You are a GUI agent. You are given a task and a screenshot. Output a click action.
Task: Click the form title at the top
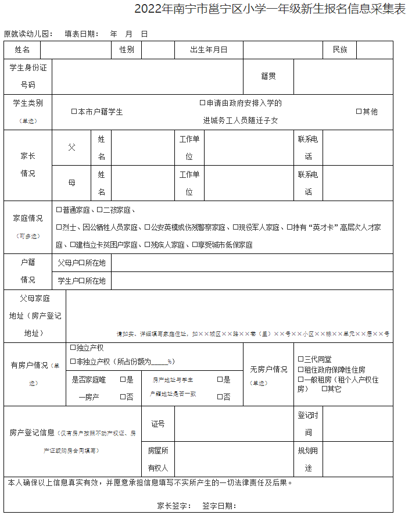pos(270,10)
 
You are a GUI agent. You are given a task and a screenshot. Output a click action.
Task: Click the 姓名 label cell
pos(23,50)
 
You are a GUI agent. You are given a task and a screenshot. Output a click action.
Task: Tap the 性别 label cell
pos(127,50)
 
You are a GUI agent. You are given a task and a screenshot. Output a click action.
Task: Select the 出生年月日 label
pos(209,50)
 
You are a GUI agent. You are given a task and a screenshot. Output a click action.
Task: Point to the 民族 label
pos(339,50)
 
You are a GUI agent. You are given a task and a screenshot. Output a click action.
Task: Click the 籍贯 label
pos(268,76)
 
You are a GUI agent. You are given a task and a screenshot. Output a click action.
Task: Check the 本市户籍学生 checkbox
pos(74,112)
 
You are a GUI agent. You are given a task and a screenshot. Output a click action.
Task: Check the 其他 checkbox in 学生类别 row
pos(359,112)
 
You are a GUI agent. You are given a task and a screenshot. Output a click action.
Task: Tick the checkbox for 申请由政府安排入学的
pos(203,103)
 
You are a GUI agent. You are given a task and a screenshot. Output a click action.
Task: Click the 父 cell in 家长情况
pos(71,148)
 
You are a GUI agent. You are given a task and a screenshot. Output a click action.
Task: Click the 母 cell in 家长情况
pos(71,183)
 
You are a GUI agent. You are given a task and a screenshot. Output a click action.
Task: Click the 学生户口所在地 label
pos(81,281)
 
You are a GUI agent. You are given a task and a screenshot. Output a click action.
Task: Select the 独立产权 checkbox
pos(73,348)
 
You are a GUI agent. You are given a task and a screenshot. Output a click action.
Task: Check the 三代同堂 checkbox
pos(301,359)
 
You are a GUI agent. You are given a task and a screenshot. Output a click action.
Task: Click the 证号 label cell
pos(157,424)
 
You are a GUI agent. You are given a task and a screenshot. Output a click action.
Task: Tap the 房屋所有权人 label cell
pos(157,459)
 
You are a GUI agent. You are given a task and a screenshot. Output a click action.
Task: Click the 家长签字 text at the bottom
pos(174,506)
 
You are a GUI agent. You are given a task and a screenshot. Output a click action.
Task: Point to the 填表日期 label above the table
pos(81,34)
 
